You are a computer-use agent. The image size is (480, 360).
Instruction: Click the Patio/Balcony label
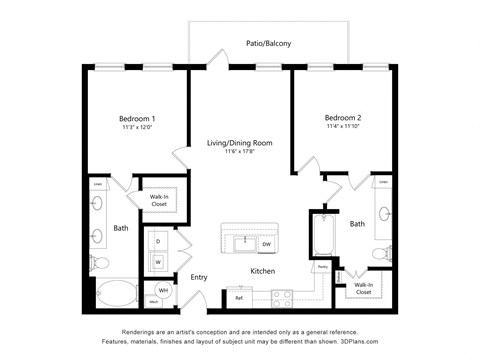[x=269, y=43]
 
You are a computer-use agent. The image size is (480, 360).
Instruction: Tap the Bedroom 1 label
[x=137, y=119]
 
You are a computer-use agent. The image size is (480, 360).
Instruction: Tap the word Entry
[x=198, y=277]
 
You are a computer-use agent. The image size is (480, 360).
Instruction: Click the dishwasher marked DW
[x=266, y=244]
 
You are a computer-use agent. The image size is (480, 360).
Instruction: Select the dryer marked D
[x=158, y=241]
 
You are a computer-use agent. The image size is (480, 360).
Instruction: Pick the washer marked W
[x=158, y=262]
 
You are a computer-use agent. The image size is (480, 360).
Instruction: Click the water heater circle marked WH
[x=164, y=291]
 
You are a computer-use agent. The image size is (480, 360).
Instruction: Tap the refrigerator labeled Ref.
[x=239, y=297]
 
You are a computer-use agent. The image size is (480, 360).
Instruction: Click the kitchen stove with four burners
[x=281, y=296]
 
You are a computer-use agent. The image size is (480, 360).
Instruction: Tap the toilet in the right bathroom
[x=381, y=255]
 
